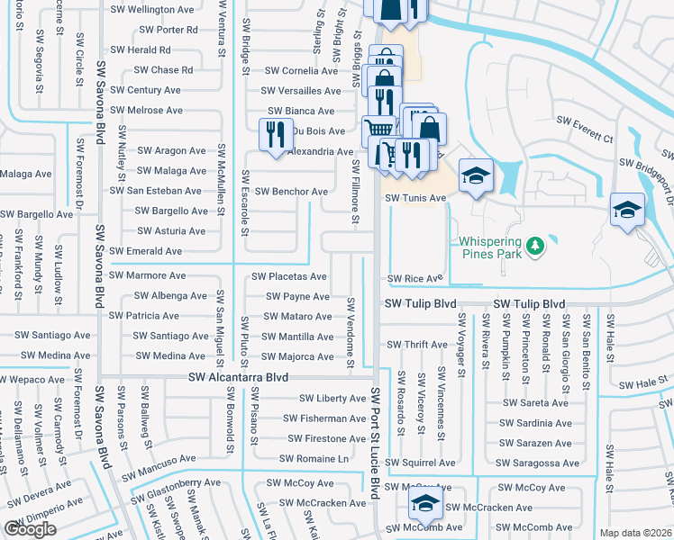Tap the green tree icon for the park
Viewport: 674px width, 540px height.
[534, 245]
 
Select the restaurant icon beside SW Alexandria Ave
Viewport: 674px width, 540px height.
[273, 134]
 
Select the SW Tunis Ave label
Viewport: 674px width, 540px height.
[416, 198]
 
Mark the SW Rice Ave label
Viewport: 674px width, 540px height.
[416, 279]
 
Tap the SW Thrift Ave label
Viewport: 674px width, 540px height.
[416, 345]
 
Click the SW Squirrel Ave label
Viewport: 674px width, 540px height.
[421, 463]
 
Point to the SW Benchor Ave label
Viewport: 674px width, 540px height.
[291, 192]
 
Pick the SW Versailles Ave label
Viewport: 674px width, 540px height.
[301, 91]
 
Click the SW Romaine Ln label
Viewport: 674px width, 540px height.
[314, 459]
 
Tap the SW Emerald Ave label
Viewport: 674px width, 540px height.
[146, 252]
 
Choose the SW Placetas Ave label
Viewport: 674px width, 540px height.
[289, 276]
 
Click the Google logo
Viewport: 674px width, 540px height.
[31, 529]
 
